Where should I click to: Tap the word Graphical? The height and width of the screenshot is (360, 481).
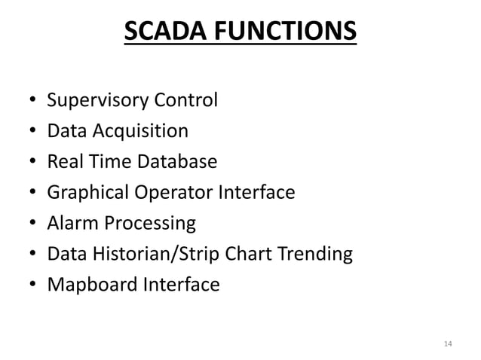pos(83,193)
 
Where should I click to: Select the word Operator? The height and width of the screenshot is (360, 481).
pos(167,193)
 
